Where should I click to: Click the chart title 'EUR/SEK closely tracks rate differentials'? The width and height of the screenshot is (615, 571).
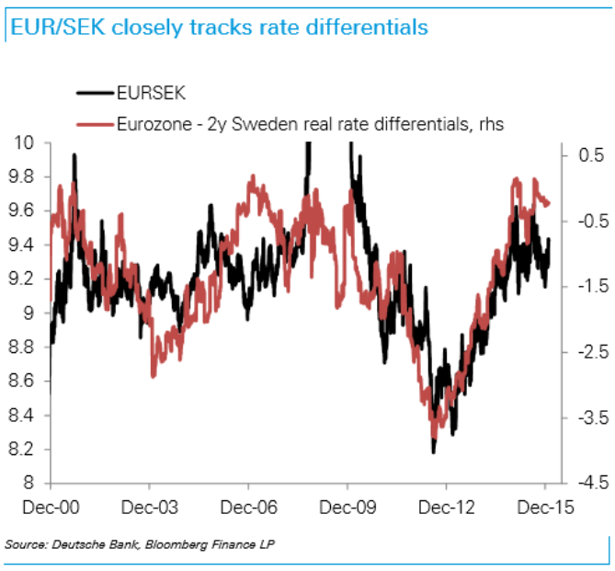(219, 27)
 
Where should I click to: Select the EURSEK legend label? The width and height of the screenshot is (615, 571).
(151, 93)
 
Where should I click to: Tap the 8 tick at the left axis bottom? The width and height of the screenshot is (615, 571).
(31, 483)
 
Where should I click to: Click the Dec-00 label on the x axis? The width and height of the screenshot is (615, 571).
(51, 506)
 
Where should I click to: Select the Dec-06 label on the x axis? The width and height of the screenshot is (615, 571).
(248, 506)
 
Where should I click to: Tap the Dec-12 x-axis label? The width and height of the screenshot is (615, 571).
(446, 506)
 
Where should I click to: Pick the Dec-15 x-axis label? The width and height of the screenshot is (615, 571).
(544, 506)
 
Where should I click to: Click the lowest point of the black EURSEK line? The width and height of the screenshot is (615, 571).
(433, 452)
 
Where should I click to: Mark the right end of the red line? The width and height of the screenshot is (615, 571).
(550, 204)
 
